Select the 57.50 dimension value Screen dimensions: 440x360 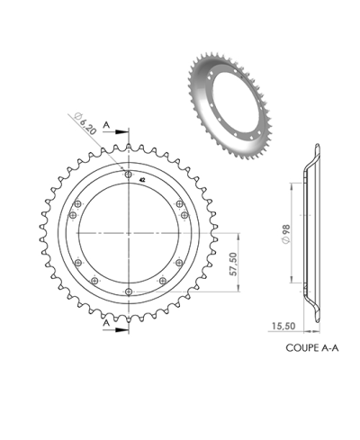233,265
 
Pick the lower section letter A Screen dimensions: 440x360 106,321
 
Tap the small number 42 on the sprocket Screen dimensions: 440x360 143,180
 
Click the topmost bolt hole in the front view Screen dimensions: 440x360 130,174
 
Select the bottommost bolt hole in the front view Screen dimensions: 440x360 130,292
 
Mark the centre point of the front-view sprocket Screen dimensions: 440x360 130,232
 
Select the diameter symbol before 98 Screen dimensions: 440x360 286,242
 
